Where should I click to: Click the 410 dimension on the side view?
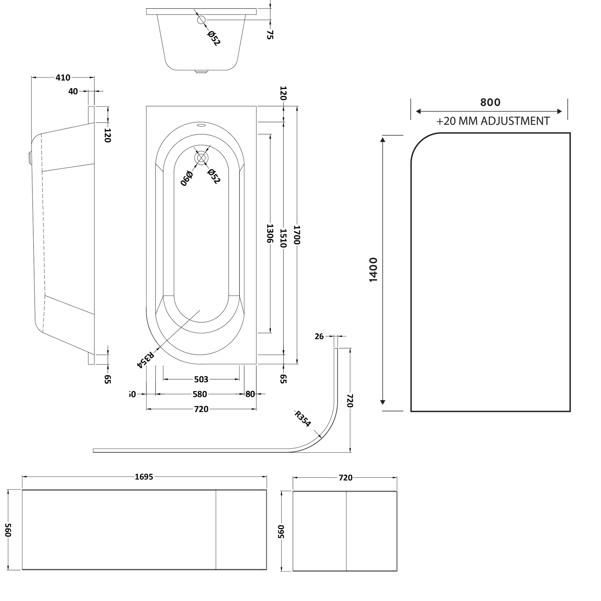(63, 78)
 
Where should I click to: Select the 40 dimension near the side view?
(73, 91)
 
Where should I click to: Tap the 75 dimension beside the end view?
(270, 34)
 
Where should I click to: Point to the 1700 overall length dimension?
(297, 235)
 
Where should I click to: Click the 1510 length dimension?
(283, 238)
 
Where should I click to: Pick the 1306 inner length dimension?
(270, 233)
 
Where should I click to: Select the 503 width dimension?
(201, 379)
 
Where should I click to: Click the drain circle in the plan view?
(201, 158)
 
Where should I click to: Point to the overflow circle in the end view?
(201, 20)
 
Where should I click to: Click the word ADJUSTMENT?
(515, 121)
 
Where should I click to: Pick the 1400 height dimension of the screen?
(373, 270)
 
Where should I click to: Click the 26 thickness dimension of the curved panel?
(319, 336)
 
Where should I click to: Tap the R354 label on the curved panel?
(303, 418)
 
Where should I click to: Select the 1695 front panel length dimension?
(144, 477)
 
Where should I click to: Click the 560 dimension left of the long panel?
(8, 530)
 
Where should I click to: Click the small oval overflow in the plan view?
(201, 126)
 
